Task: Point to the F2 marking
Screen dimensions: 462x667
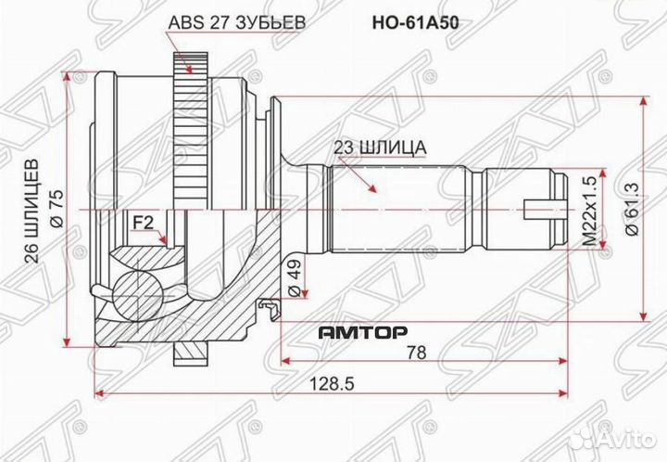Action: click(144, 222)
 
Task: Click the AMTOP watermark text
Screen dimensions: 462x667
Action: click(356, 328)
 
